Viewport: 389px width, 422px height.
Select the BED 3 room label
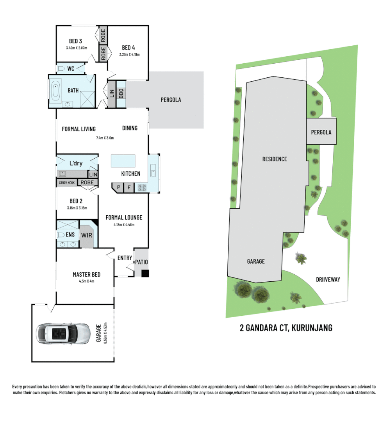[75, 41]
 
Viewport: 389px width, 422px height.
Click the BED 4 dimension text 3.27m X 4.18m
[129, 55]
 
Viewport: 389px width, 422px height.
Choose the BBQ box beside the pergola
[121, 94]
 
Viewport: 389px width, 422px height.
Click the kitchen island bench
[123, 161]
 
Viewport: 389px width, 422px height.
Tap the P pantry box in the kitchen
[118, 188]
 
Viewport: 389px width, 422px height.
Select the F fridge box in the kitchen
[129, 188]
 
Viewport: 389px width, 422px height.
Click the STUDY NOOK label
[67, 182]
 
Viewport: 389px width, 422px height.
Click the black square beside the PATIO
[145, 274]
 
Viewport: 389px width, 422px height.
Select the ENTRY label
[125, 258]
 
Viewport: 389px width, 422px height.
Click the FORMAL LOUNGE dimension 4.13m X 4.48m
[124, 225]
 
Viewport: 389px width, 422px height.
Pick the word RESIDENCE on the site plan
[275, 159]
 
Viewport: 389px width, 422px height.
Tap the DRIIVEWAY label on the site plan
[328, 279]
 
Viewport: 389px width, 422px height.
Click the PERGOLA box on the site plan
[321, 132]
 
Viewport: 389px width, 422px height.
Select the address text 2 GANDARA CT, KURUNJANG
[286, 328]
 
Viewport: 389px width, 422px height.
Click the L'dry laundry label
[76, 163]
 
